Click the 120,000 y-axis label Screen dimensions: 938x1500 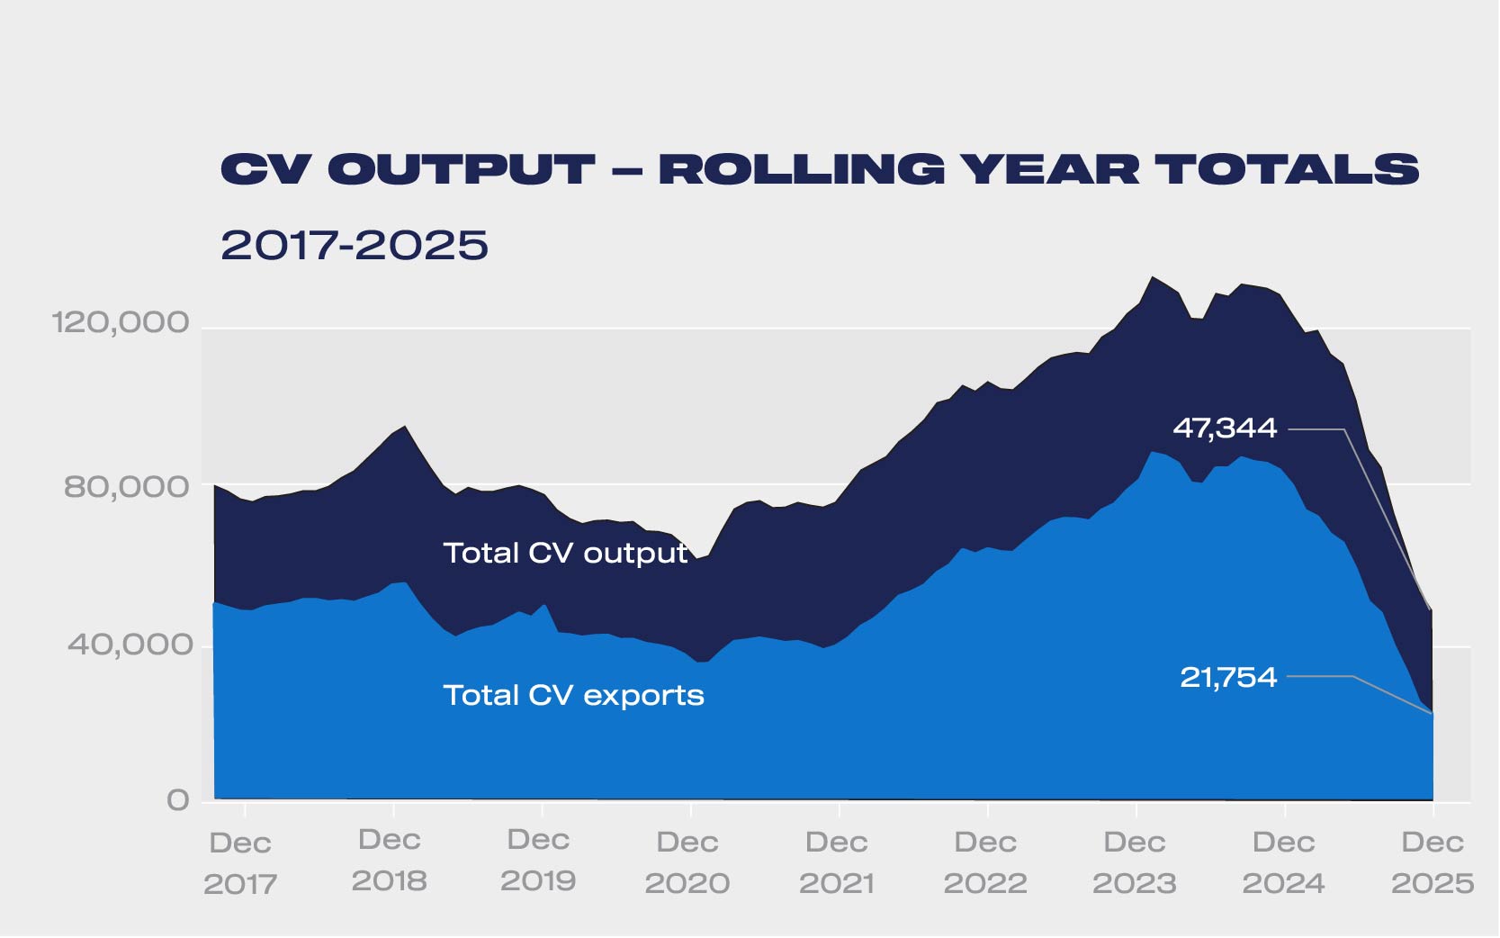121,322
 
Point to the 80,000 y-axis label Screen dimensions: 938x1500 127,487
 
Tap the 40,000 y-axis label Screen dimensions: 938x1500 130,645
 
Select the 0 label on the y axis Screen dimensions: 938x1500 178,800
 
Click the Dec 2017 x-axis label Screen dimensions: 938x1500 240,863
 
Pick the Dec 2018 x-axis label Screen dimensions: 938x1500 390,861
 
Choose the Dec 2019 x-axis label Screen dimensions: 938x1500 538,861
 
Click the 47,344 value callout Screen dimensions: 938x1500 1225,428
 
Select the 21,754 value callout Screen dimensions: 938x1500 1228,677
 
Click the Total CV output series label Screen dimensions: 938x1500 565,553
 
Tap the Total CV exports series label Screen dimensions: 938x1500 573,695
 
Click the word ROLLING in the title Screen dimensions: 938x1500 802,170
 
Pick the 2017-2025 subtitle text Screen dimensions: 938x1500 355,245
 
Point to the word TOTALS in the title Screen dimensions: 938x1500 1287,170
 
